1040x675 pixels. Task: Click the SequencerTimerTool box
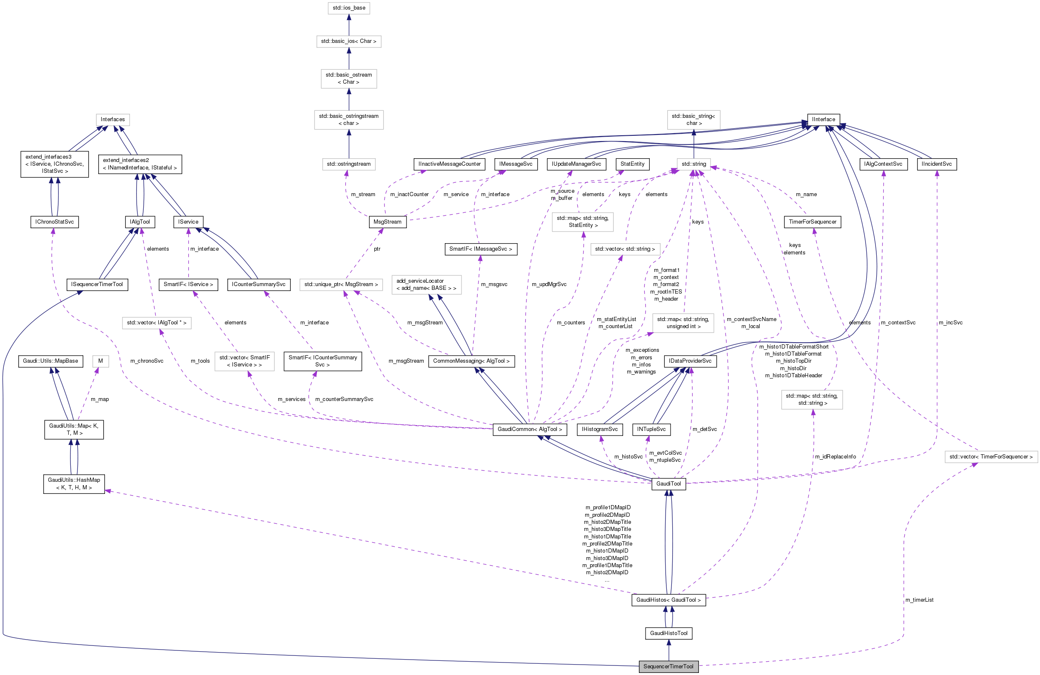(x=668, y=666)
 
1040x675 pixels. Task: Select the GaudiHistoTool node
(x=668, y=633)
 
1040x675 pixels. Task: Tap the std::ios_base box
(x=349, y=8)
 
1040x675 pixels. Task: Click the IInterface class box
(x=823, y=119)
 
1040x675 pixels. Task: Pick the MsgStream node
(x=387, y=222)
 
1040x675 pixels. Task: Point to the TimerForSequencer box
(x=812, y=222)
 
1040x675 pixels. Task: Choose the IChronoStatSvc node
(x=55, y=222)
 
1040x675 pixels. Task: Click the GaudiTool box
(x=668, y=483)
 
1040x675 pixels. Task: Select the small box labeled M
(x=100, y=361)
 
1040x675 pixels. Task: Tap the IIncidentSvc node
(x=936, y=164)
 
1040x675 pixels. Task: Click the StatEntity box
(x=632, y=164)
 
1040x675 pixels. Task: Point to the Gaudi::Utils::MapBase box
(x=50, y=361)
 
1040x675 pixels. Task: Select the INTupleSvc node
(x=651, y=429)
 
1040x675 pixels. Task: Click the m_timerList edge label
(x=919, y=600)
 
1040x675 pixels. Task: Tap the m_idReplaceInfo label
(x=835, y=456)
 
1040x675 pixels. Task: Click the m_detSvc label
(x=704, y=429)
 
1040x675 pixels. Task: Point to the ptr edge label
(x=377, y=249)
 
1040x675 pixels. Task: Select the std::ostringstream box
(x=349, y=164)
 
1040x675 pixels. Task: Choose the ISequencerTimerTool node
(x=97, y=284)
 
